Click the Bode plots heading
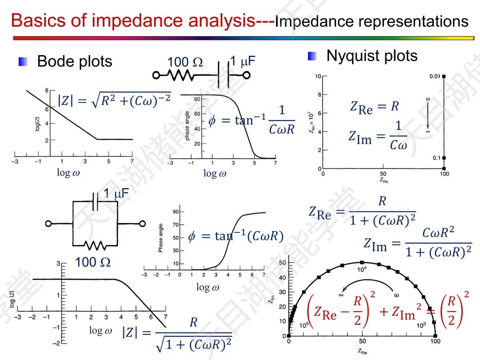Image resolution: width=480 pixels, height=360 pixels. coord(75,61)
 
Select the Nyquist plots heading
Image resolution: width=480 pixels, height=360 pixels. coord(372,56)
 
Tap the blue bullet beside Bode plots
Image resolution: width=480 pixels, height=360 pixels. coord(23,62)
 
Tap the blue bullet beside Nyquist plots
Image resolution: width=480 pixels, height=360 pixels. coord(312,56)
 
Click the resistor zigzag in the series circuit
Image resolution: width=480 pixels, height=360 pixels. coord(180,76)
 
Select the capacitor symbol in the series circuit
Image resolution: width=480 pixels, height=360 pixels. coord(224,75)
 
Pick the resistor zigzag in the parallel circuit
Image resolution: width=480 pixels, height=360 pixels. coord(95,245)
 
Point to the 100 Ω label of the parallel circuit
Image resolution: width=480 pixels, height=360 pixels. coord(92,263)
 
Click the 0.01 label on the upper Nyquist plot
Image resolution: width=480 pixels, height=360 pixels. coord(435,76)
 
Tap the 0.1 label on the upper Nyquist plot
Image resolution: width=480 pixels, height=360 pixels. coord(436,158)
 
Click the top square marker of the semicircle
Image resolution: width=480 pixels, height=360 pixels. coord(362,262)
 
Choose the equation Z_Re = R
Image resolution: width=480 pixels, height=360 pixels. coord(374,107)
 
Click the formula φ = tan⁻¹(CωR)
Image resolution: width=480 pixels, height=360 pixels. coord(236,236)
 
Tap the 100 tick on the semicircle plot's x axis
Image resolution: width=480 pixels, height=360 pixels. coord(435,341)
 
